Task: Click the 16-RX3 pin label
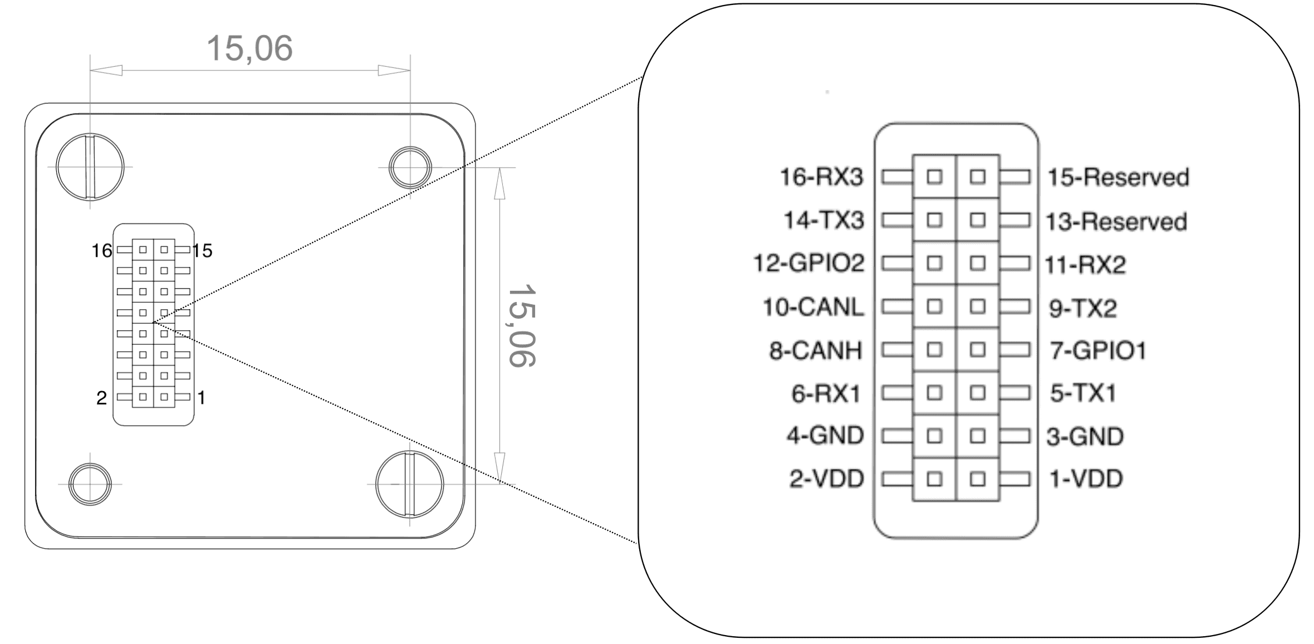pyautogui.click(x=821, y=177)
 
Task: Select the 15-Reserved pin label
pyautogui.click(x=1118, y=177)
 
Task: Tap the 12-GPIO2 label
pyautogui.click(x=808, y=263)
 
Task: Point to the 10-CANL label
pyautogui.click(x=813, y=307)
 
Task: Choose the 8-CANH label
pyautogui.click(x=816, y=350)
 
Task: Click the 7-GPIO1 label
pyautogui.click(x=1098, y=350)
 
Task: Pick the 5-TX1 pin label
pyautogui.click(x=1083, y=393)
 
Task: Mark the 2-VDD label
pyautogui.click(x=826, y=479)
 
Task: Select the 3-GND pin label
pyautogui.click(x=1085, y=436)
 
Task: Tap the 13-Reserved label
pyautogui.click(x=1116, y=221)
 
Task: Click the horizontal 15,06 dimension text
pyautogui.click(x=249, y=48)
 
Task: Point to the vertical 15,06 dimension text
pyautogui.click(x=522, y=326)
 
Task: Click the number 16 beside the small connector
pyautogui.click(x=102, y=251)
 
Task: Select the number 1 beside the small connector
pyautogui.click(x=202, y=398)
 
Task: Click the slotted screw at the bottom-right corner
pyautogui.click(x=409, y=484)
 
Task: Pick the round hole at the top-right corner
pyautogui.click(x=410, y=167)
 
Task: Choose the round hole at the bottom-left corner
pyautogui.click(x=90, y=483)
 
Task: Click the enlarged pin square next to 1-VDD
pyautogui.click(x=978, y=479)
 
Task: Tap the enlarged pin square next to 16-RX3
pyautogui.click(x=934, y=177)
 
